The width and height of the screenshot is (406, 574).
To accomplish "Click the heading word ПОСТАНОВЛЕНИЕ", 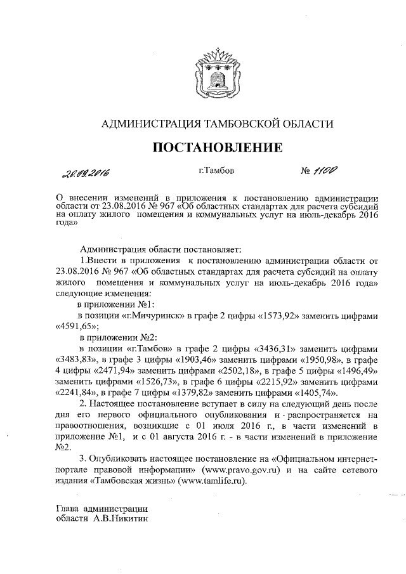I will point(216,148).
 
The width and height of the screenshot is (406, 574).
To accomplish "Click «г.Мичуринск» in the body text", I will point(153,315).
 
